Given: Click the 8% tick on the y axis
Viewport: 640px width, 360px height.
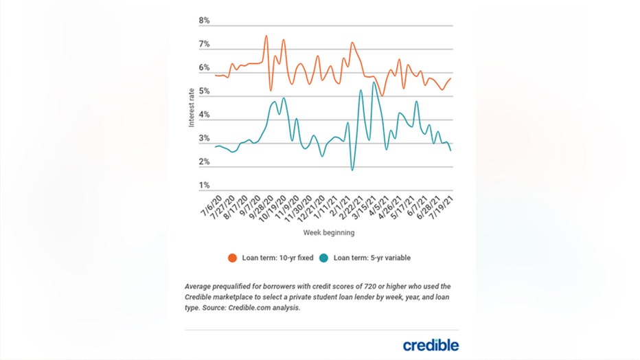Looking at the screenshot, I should (204, 21).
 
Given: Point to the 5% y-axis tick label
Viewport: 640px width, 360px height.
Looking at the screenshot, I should (204, 91).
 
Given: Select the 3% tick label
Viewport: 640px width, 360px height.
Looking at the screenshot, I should (204, 139).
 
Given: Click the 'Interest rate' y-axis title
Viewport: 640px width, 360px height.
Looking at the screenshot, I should (192, 106).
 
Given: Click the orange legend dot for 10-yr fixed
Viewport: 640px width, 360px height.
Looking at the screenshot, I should (232, 258).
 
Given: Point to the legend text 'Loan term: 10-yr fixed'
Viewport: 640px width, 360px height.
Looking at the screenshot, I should (276, 258).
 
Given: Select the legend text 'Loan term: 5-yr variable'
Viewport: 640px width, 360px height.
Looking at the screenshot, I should (371, 258).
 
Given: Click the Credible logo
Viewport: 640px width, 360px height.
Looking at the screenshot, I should (431, 345).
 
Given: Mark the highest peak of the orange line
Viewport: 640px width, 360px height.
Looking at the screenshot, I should (266, 36).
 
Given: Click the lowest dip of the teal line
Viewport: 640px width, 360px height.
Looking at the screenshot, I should (352, 170).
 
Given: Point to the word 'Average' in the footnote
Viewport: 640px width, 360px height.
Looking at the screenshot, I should (200, 286).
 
